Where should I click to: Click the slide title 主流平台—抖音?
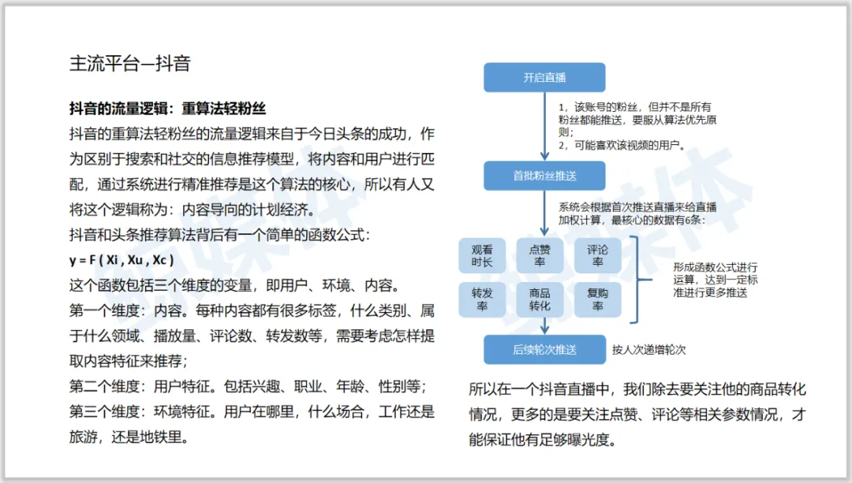[130, 64]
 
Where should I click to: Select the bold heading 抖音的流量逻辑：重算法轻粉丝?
[167, 110]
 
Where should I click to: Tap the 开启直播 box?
[544, 77]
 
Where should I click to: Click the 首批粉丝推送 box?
[544, 176]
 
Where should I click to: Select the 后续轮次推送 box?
[544, 349]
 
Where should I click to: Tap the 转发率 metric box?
[482, 299]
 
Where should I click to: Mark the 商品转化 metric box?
[540, 299]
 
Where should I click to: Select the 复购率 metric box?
[597, 299]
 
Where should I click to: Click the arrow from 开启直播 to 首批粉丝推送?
[544, 126]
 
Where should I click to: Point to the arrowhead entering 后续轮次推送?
[544, 329]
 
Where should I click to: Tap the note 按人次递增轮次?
[654, 349]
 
